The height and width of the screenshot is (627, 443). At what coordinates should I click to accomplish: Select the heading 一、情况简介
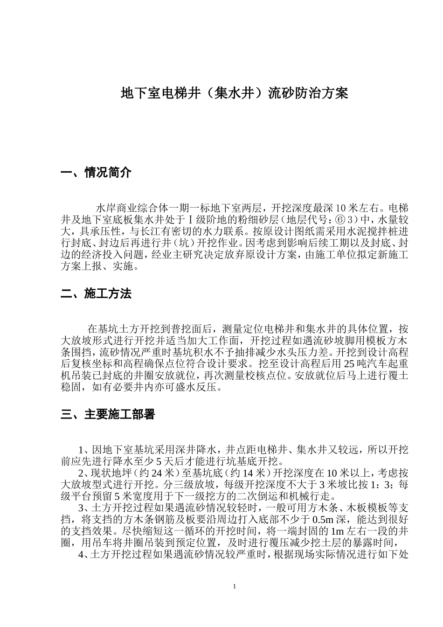pyautogui.click(x=96, y=173)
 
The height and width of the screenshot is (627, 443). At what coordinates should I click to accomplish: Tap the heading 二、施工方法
pyautogui.click(x=96, y=294)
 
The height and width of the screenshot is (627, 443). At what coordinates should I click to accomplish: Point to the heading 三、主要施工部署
pyautogui.click(x=108, y=414)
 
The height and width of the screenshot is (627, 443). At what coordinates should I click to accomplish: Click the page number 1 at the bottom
pyautogui.click(x=234, y=586)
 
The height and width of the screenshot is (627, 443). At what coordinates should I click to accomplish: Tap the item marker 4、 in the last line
pyautogui.click(x=83, y=554)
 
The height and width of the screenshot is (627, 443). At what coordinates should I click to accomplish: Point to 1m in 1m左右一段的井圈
pyautogui.click(x=335, y=531)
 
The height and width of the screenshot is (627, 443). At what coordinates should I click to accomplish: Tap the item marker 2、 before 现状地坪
pyautogui.click(x=83, y=474)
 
